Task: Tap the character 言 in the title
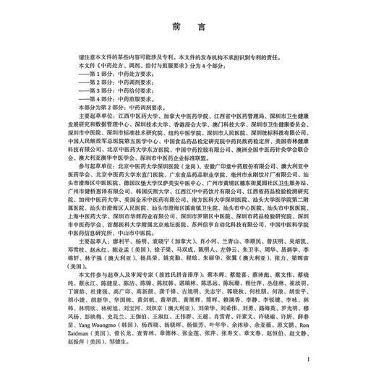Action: tap(200, 29)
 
